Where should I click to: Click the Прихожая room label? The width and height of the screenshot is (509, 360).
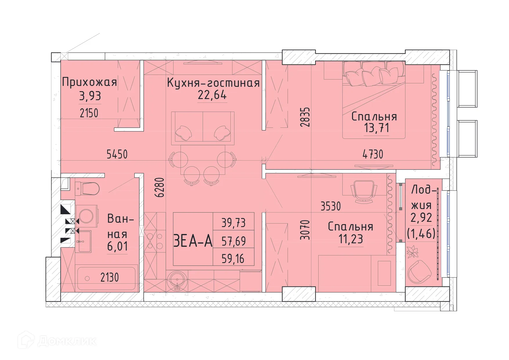(x=89, y=82)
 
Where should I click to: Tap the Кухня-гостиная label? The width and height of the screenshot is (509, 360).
(x=213, y=83)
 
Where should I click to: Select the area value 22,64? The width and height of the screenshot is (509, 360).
(x=212, y=95)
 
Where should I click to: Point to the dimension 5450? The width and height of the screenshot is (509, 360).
(x=117, y=154)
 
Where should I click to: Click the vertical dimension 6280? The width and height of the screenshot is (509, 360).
(x=160, y=188)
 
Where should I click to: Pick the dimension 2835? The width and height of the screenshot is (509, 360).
(x=305, y=117)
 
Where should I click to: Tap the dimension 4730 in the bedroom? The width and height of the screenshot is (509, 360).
(x=373, y=154)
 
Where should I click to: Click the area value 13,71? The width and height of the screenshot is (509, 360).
(x=376, y=128)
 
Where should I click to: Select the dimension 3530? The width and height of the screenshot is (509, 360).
(x=331, y=206)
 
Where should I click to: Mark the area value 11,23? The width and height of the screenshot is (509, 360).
(x=351, y=239)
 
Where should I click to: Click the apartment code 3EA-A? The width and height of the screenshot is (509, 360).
(x=193, y=241)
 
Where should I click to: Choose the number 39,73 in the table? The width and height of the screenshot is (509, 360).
(x=234, y=223)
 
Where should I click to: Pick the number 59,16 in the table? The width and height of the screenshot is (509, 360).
(x=233, y=259)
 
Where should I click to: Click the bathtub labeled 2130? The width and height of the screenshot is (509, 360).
(x=107, y=278)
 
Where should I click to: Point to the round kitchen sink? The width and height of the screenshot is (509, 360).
(x=177, y=279)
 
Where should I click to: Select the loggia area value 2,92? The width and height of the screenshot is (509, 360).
(x=421, y=218)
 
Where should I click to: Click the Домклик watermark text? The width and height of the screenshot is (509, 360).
(x=67, y=341)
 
